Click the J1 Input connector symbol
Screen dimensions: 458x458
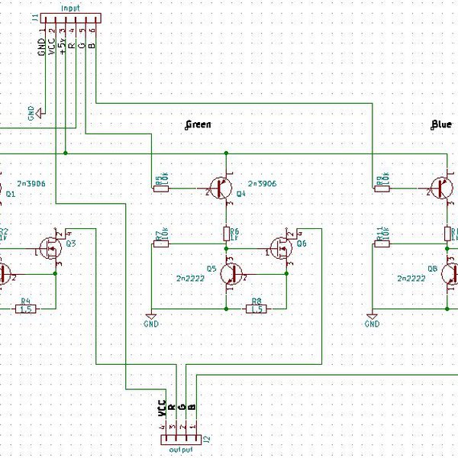pos(69,19)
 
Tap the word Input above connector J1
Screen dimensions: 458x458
pos(69,6)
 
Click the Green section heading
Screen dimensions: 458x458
pos(198,124)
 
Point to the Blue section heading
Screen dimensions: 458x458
pos(440,124)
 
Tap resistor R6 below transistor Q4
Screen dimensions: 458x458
pos(227,232)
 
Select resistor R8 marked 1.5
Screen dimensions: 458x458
pos(256,309)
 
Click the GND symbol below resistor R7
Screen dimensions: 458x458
pos(151,317)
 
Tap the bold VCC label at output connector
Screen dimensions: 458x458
pos(162,408)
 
